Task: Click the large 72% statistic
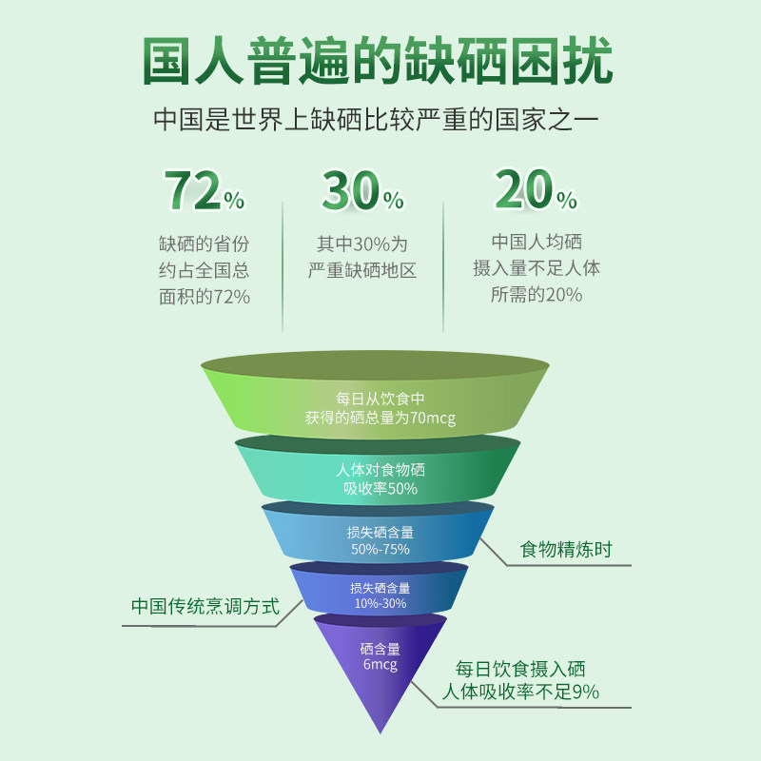[x=205, y=190]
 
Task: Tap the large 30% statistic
[x=362, y=190]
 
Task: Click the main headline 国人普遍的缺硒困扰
[x=378, y=61]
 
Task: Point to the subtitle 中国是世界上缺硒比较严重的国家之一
[x=376, y=120]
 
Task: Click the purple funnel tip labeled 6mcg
[x=380, y=673]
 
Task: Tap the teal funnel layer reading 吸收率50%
[x=378, y=471]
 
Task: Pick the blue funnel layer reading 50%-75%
[x=378, y=533]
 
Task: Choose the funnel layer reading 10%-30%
[x=379, y=589]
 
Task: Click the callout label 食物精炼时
[x=566, y=550]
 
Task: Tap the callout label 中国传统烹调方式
[x=205, y=607]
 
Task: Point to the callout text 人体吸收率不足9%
[x=520, y=693]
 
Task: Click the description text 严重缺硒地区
[x=362, y=270]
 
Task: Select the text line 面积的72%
[x=205, y=297]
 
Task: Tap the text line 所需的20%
[x=537, y=295]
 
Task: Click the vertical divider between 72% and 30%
[x=283, y=267]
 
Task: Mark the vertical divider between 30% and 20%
[x=443, y=267]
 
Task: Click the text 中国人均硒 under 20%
[x=537, y=242]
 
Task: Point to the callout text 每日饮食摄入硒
[x=520, y=670]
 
